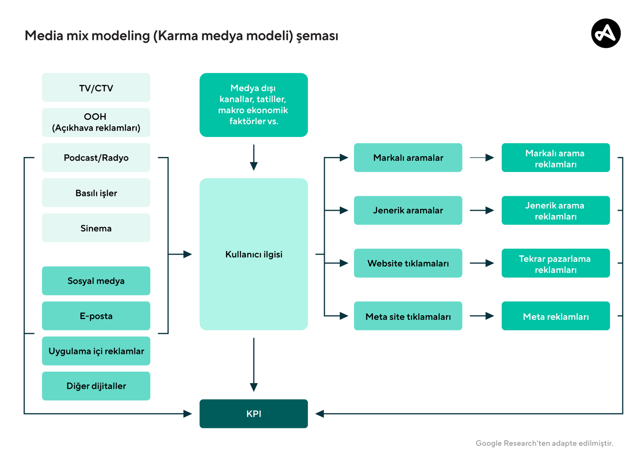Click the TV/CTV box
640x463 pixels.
tap(96, 87)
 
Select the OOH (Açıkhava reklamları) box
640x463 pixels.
tap(96, 123)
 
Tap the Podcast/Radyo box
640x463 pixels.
tap(96, 158)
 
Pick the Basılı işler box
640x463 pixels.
tap(96, 193)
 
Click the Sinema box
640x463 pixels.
tap(96, 228)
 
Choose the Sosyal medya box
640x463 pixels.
tap(96, 281)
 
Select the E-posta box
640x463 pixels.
tap(96, 316)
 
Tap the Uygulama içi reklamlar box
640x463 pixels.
tap(96, 351)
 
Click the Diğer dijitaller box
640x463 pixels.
tap(96, 386)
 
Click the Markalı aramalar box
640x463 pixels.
tap(408, 158)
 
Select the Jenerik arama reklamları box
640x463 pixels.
tap(556, 210)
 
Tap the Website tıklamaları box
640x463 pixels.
tap(408, 263)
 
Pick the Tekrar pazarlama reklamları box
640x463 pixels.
tap(556, 263)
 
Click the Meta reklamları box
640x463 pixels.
tap(556, 316)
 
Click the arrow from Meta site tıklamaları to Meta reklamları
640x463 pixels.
tap(482, 316)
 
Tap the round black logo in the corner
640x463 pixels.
tap(606, 33)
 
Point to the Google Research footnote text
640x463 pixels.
tap(544, 443)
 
